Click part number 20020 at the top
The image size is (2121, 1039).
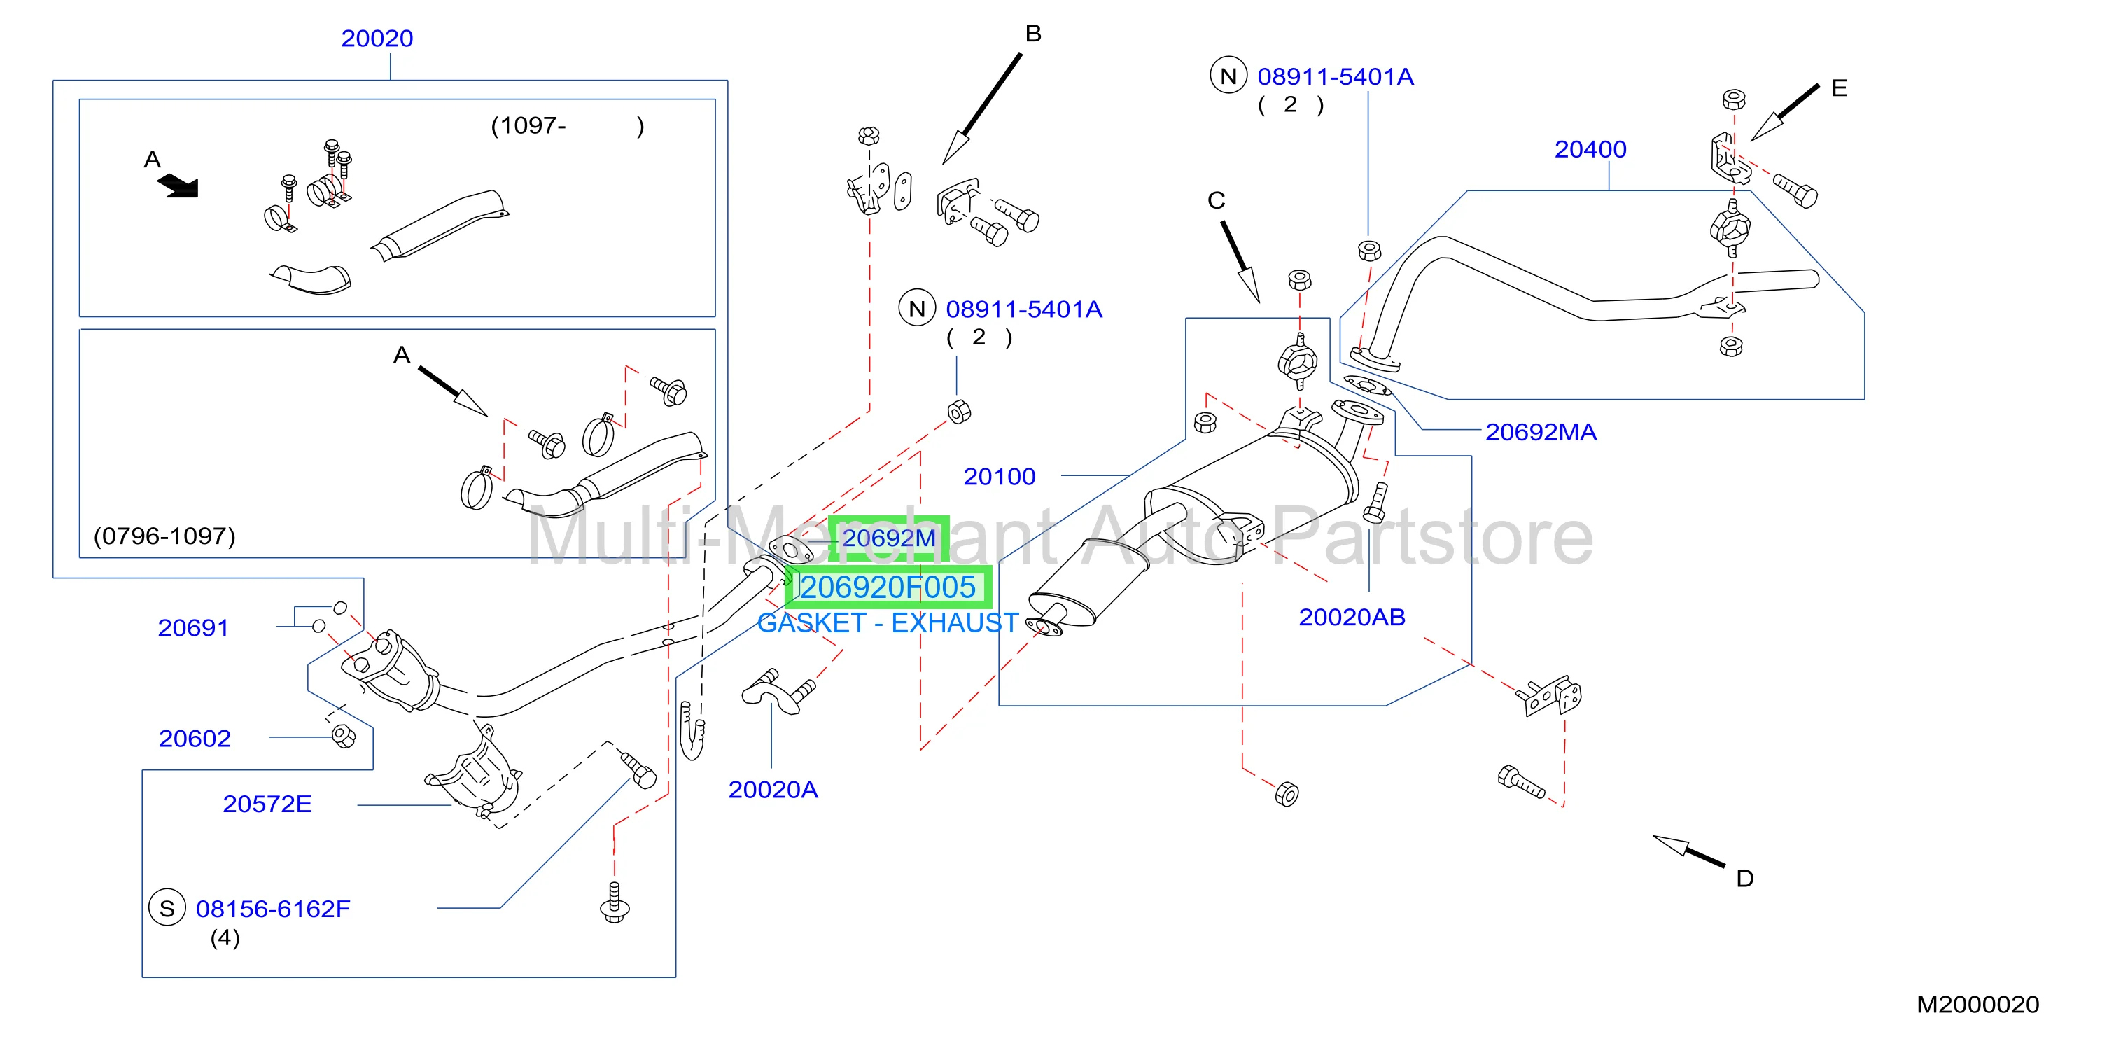click(x=377, y=39)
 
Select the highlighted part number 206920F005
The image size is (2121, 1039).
click(x=888, y=587)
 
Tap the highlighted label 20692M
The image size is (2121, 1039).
click(x=888, y=538)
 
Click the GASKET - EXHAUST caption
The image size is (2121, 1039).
click(x=888, y=622)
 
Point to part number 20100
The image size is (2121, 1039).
click(x=1000, y=477)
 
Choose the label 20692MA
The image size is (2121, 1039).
click(x=1541, y=432)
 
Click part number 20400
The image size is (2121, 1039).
click(x=1590, y=149)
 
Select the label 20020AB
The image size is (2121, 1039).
click(x=1352, y=618)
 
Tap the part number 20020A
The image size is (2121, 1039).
click(x=773, y=790)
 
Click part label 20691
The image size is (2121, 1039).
click(x=192, y=628)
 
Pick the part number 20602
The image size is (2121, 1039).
click(x=195, y=739)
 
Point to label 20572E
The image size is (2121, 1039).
click(x=267, y=804)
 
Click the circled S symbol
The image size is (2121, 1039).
click(x=167, y=908)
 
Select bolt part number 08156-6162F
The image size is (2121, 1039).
click(x=272, y=909)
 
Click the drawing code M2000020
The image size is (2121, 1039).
click(x=1977, y=1005)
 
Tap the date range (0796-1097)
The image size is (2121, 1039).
click(x=164, y=536)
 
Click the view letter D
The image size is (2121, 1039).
click(x=1744, y=879)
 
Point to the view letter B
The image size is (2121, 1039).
click(x=1033, y=34)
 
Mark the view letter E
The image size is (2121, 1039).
click(x=1840, y=88)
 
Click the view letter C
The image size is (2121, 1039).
click(x=1216, y=200)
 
